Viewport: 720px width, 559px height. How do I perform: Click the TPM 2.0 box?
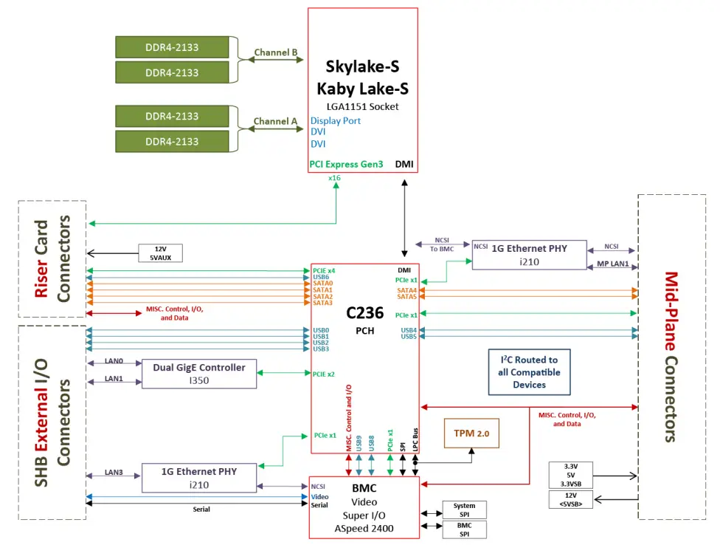click(x=471, y=432)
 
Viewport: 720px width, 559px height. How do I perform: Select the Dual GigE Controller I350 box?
click(x=198, y=373)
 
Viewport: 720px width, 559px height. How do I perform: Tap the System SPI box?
click(x=464, y=510)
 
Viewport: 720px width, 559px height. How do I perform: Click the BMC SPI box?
click(x=464, y=529)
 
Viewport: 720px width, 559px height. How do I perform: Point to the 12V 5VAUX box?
click(x=160, y=253)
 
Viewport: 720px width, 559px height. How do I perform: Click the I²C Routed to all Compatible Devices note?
click(x=529, y=372)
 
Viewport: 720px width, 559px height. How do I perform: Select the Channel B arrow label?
click(x=275, y=53)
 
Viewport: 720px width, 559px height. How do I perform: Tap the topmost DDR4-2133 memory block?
click(x=172, y=47)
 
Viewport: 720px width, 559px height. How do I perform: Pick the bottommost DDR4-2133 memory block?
click(x=172, y=142)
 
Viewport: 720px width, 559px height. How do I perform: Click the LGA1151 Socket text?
click(x=362, y=106)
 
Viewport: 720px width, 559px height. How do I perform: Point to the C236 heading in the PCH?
click(x=364, y=314)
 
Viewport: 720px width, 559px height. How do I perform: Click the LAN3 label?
click(x=114, y=472)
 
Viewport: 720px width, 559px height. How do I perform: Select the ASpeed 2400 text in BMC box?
click(x=364, y=528)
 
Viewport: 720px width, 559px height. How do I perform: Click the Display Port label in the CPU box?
click(x=336, y=120)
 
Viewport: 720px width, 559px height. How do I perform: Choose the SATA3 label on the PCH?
click(x=323, y=303)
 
